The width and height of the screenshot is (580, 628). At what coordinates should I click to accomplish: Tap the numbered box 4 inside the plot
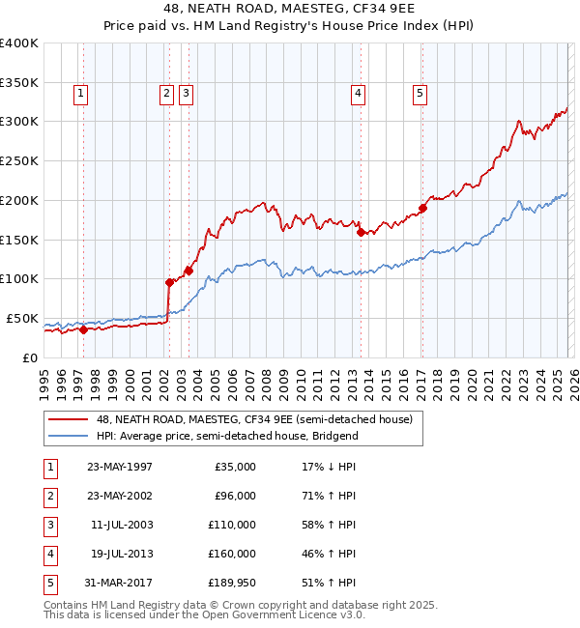point(358,94)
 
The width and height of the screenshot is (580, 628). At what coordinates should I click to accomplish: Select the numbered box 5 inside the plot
point(420,94)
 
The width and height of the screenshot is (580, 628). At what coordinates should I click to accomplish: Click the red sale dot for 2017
point(422,208)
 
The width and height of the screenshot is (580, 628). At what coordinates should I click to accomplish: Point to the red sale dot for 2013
point(361,232)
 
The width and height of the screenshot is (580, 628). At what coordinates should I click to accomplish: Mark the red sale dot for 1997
point(83,329)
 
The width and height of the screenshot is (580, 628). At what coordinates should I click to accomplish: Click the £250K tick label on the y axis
point(18,160)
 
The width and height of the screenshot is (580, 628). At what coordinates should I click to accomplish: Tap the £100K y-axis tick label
point(18,278)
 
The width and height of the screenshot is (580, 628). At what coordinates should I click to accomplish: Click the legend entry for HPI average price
point(227,436)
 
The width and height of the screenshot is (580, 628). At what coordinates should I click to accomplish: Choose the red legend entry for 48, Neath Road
point(253,419)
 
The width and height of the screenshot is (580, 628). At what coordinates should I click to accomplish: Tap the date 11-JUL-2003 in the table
point(120,525)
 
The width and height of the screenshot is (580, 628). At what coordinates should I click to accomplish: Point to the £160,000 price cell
point(232,554)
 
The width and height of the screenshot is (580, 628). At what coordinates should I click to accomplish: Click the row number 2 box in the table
point(47,496)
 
